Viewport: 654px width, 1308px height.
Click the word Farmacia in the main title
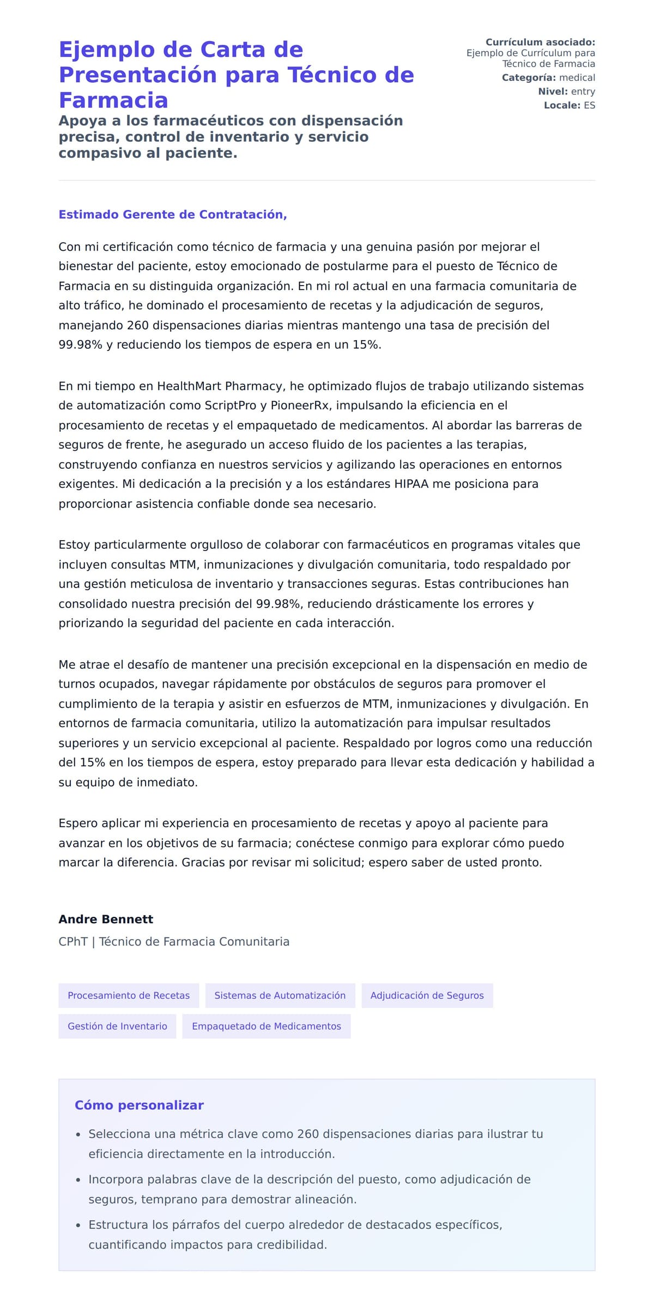coord(113,100)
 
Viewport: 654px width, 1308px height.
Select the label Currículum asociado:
coord(540,42)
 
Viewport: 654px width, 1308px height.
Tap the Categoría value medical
coord(577,77)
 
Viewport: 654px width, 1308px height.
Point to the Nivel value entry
coord(583,92)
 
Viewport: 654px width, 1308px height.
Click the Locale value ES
coord(589,105)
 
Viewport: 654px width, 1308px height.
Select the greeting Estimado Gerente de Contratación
coord(172,215)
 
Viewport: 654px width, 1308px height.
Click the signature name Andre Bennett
coord(106,919)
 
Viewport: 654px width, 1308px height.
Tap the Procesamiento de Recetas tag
coord(129,996)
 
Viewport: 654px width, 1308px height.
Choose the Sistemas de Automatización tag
coord(280,996)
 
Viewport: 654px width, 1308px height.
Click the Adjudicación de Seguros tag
coord(427,996)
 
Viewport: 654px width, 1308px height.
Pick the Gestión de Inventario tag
coord(117,1026)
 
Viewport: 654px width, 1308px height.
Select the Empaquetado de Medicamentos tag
coord(266,1026)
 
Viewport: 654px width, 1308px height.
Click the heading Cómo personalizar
coord(139,1105)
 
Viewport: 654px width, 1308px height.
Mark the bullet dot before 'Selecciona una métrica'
coord(78,1135)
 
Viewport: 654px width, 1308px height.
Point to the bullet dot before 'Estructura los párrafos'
coord(78,1225)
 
